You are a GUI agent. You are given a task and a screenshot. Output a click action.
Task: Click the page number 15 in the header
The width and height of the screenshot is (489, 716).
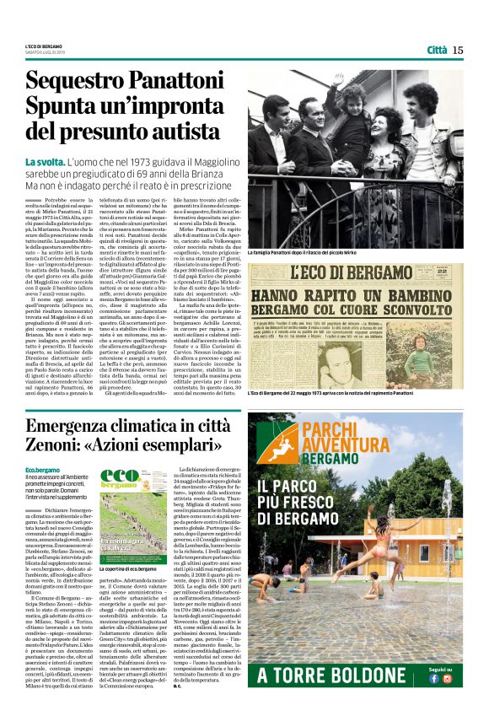pyautogui.click(x=457, y=50)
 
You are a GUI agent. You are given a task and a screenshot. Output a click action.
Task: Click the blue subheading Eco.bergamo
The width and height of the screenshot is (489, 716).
pyautogui.click(x=40, y=470)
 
